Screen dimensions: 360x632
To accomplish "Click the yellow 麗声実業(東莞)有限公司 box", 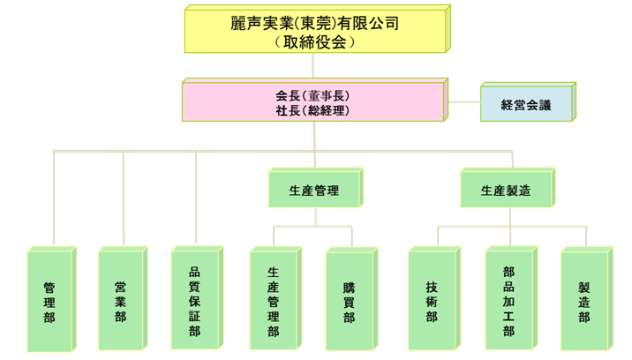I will coord(317,31).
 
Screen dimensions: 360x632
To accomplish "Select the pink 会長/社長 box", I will coord(313,101).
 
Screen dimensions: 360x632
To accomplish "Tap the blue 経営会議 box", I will coord(525,104).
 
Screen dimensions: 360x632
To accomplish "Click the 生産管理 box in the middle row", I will coord(313,190).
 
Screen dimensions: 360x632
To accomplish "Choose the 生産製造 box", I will coord(506,190).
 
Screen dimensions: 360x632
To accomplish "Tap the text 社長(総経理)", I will coord(312,110).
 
